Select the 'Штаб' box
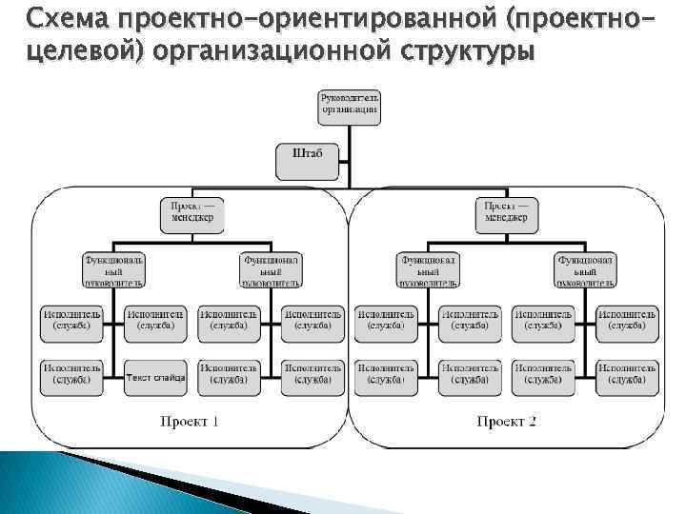pos(307,160)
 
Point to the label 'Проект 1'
pos(189,423)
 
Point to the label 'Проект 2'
pos(506,423)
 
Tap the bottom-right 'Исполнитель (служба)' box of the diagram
pos(627,377)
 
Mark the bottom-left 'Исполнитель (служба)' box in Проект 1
pos(71,377)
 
